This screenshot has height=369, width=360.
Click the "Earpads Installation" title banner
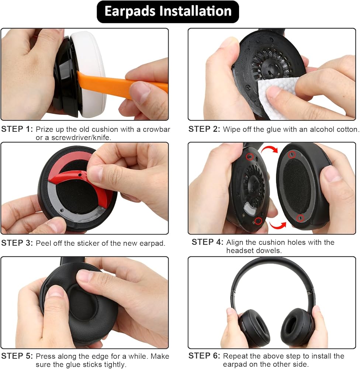tap(168, 11)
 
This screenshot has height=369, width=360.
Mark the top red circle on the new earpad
tap(292, 155)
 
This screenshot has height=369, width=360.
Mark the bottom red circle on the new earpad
tap(300, 218)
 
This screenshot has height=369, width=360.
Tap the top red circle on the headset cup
tap(250, 157)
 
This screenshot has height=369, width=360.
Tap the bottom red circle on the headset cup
tap(258, 221)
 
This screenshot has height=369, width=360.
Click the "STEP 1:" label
tap(17, 129)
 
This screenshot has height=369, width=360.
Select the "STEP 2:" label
tap(204, 129)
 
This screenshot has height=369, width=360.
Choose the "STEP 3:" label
tap(17, 243)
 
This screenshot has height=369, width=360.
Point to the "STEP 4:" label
tap(208, 242)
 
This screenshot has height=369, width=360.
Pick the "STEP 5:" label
tap(17, 356)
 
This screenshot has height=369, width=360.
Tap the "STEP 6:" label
tap(204, 356)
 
